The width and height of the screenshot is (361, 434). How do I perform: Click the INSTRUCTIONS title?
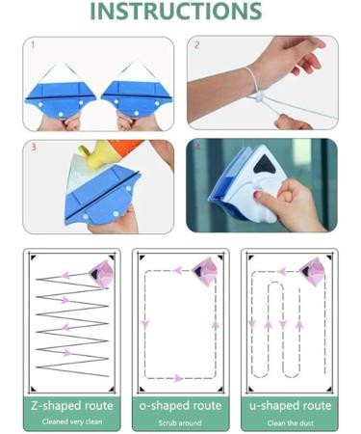point(176,11)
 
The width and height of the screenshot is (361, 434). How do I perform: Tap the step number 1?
point(33,45)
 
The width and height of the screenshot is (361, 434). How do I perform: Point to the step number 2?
point(196,45)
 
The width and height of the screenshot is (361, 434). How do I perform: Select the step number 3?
point(33,148)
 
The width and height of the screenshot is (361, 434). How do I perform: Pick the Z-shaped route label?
point(72,406)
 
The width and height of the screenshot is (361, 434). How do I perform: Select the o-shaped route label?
point(180,406)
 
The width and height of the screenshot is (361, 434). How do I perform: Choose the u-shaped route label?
point(290,406)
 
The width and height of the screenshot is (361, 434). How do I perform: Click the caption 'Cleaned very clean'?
point(72,421)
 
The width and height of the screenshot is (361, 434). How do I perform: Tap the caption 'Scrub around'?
point(180,422)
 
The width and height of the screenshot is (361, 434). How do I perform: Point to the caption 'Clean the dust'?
point(291,423)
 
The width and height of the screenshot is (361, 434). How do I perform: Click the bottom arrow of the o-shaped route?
point(177,378)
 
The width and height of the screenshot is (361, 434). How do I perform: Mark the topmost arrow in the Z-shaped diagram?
point(66,275)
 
